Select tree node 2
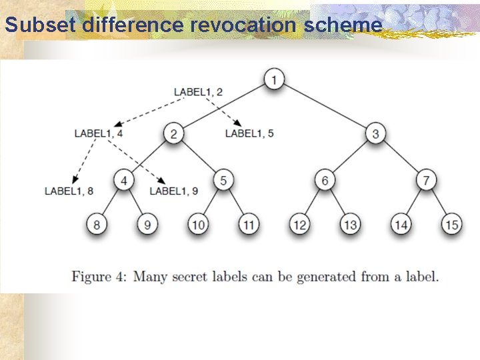pyautogui.click(x=173, y=134)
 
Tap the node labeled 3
pyautogui.click(x=375, y=134)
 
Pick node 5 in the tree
pyautogui.click(x=223, y=179)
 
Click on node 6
pyautogui.click(x=325, y=179)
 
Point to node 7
pyautogui.click(x=426, y=179)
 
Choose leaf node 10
pyautogui.click(x=198, y=225)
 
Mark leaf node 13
pyautogui.click(x=350, y=225)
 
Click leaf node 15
pyautogui.click(x=451, y=225)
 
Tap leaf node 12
pyautogui.click(x=299, y=225)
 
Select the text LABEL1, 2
pyautogui.click(x=198, y=91)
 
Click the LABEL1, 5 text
pyautogui.click(x=249, y=133)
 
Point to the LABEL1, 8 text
pyautogui.click(x=69, y=191)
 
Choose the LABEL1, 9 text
pyautogui.click(x=173, y=191)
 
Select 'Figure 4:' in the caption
pyautogui.click(x=100, y=276)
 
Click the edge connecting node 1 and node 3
pyautogui.click(x=325, y=107)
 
